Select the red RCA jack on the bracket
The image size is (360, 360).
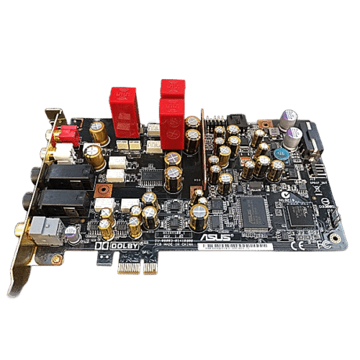point(71,135)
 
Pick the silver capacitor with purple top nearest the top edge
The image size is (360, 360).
point(289,117)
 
